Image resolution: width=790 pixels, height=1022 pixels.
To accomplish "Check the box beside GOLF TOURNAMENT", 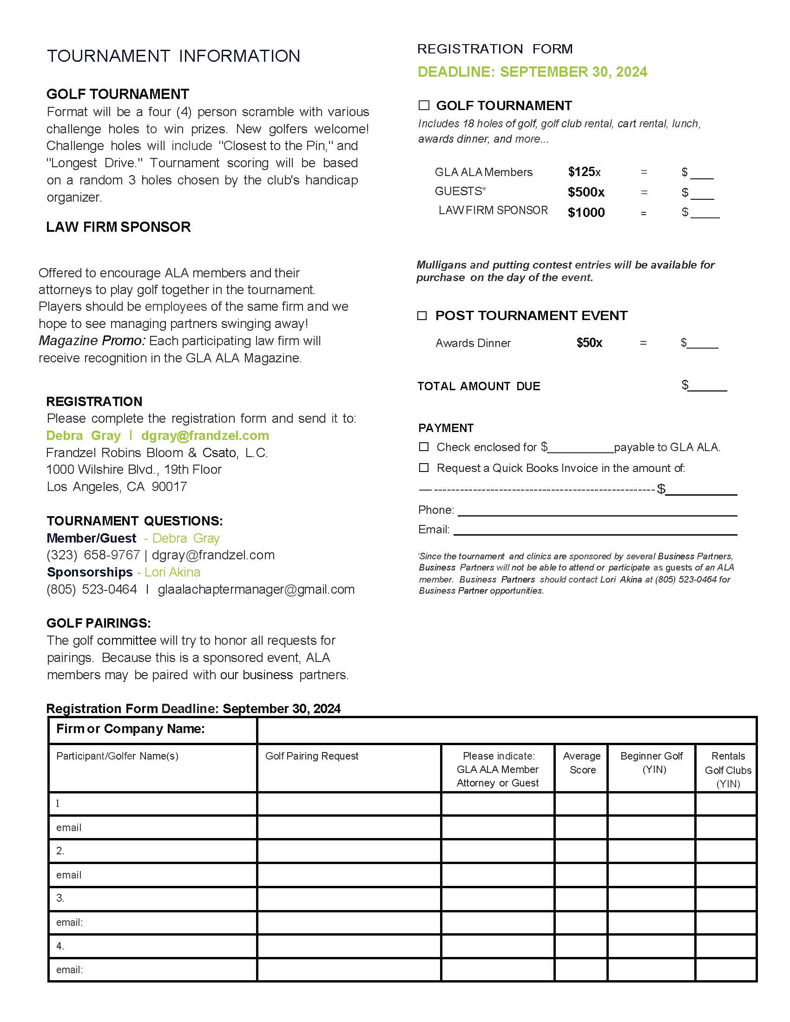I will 423,105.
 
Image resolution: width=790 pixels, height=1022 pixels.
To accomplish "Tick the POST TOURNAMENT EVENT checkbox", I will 422,315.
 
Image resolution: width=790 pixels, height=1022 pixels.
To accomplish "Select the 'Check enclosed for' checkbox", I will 423,446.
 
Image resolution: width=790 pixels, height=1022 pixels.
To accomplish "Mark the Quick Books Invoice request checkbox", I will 423,467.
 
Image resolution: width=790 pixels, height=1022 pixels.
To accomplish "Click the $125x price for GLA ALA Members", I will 584,172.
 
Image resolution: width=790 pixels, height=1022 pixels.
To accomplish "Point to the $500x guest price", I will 586,192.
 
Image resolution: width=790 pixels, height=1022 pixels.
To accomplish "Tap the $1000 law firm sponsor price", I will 586,212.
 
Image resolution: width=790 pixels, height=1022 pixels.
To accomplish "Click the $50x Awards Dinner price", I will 589,342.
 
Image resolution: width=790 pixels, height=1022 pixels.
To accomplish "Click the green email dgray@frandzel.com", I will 205,435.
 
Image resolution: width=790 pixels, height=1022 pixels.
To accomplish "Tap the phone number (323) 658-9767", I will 93,555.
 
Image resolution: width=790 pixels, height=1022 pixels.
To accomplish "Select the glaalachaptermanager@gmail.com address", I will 256,589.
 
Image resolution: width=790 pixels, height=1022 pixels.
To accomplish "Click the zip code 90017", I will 169,487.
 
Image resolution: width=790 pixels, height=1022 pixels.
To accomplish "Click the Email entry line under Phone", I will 594,530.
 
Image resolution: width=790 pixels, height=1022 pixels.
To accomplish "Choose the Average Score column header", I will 582,763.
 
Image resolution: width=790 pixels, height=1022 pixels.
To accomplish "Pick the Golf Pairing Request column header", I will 312,756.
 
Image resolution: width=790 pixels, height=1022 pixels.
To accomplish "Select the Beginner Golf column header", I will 652,763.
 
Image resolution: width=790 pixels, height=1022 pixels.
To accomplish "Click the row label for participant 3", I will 60,898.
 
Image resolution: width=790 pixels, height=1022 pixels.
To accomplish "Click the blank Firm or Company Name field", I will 507,730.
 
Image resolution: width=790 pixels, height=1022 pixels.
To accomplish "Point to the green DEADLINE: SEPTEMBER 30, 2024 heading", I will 532,72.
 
